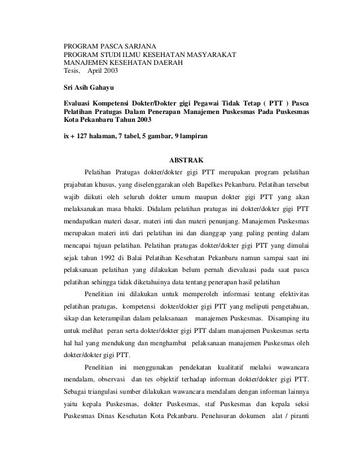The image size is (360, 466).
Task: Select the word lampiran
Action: tap(192, 137)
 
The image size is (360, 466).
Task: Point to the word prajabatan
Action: tap(81, 184)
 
